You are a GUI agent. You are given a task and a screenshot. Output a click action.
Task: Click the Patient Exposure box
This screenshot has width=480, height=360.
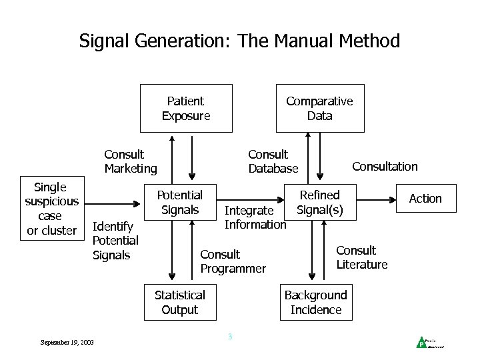(x=186, y=108)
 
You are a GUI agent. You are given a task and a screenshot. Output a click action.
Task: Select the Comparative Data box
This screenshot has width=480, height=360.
(x=320, y=108)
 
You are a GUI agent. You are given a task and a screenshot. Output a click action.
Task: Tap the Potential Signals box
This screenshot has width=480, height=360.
(x=179, y=202)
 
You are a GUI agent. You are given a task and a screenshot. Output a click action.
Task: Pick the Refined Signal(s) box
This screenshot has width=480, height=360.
(x=319, y=202)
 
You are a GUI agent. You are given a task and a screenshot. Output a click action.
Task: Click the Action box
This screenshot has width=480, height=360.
(x=425, y=198)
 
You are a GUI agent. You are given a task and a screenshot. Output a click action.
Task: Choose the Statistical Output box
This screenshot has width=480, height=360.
(x=180, y=302)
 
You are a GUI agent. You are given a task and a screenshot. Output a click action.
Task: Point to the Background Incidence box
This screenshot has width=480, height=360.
(x=316, y=302)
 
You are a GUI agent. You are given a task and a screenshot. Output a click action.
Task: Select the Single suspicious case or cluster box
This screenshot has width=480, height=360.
(x=51, y=209)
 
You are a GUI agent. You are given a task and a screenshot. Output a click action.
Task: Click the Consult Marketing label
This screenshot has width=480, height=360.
(x=131, y=161)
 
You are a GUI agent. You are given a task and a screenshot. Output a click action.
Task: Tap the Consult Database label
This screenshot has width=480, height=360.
(x=273, y=161)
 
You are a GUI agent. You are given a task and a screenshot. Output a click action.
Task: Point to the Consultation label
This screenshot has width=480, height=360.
(x=385, y=167)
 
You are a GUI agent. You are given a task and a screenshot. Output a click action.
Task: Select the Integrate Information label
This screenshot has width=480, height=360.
(x=255, y=217)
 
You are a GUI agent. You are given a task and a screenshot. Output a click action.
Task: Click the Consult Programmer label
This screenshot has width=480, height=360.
(x=233, y=261)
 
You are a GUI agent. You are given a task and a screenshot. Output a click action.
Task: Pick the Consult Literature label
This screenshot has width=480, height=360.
(x=361, y=257)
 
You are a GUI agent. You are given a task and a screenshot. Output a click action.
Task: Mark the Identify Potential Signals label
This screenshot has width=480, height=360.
(x=115, y=240)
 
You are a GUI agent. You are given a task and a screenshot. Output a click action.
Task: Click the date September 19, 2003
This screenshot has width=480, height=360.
(x=67, y=342)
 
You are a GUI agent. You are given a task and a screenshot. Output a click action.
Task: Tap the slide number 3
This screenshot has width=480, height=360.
(x=230, y=337)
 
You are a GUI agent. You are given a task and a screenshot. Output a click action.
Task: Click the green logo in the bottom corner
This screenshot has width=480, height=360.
(x=421, y=343)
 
